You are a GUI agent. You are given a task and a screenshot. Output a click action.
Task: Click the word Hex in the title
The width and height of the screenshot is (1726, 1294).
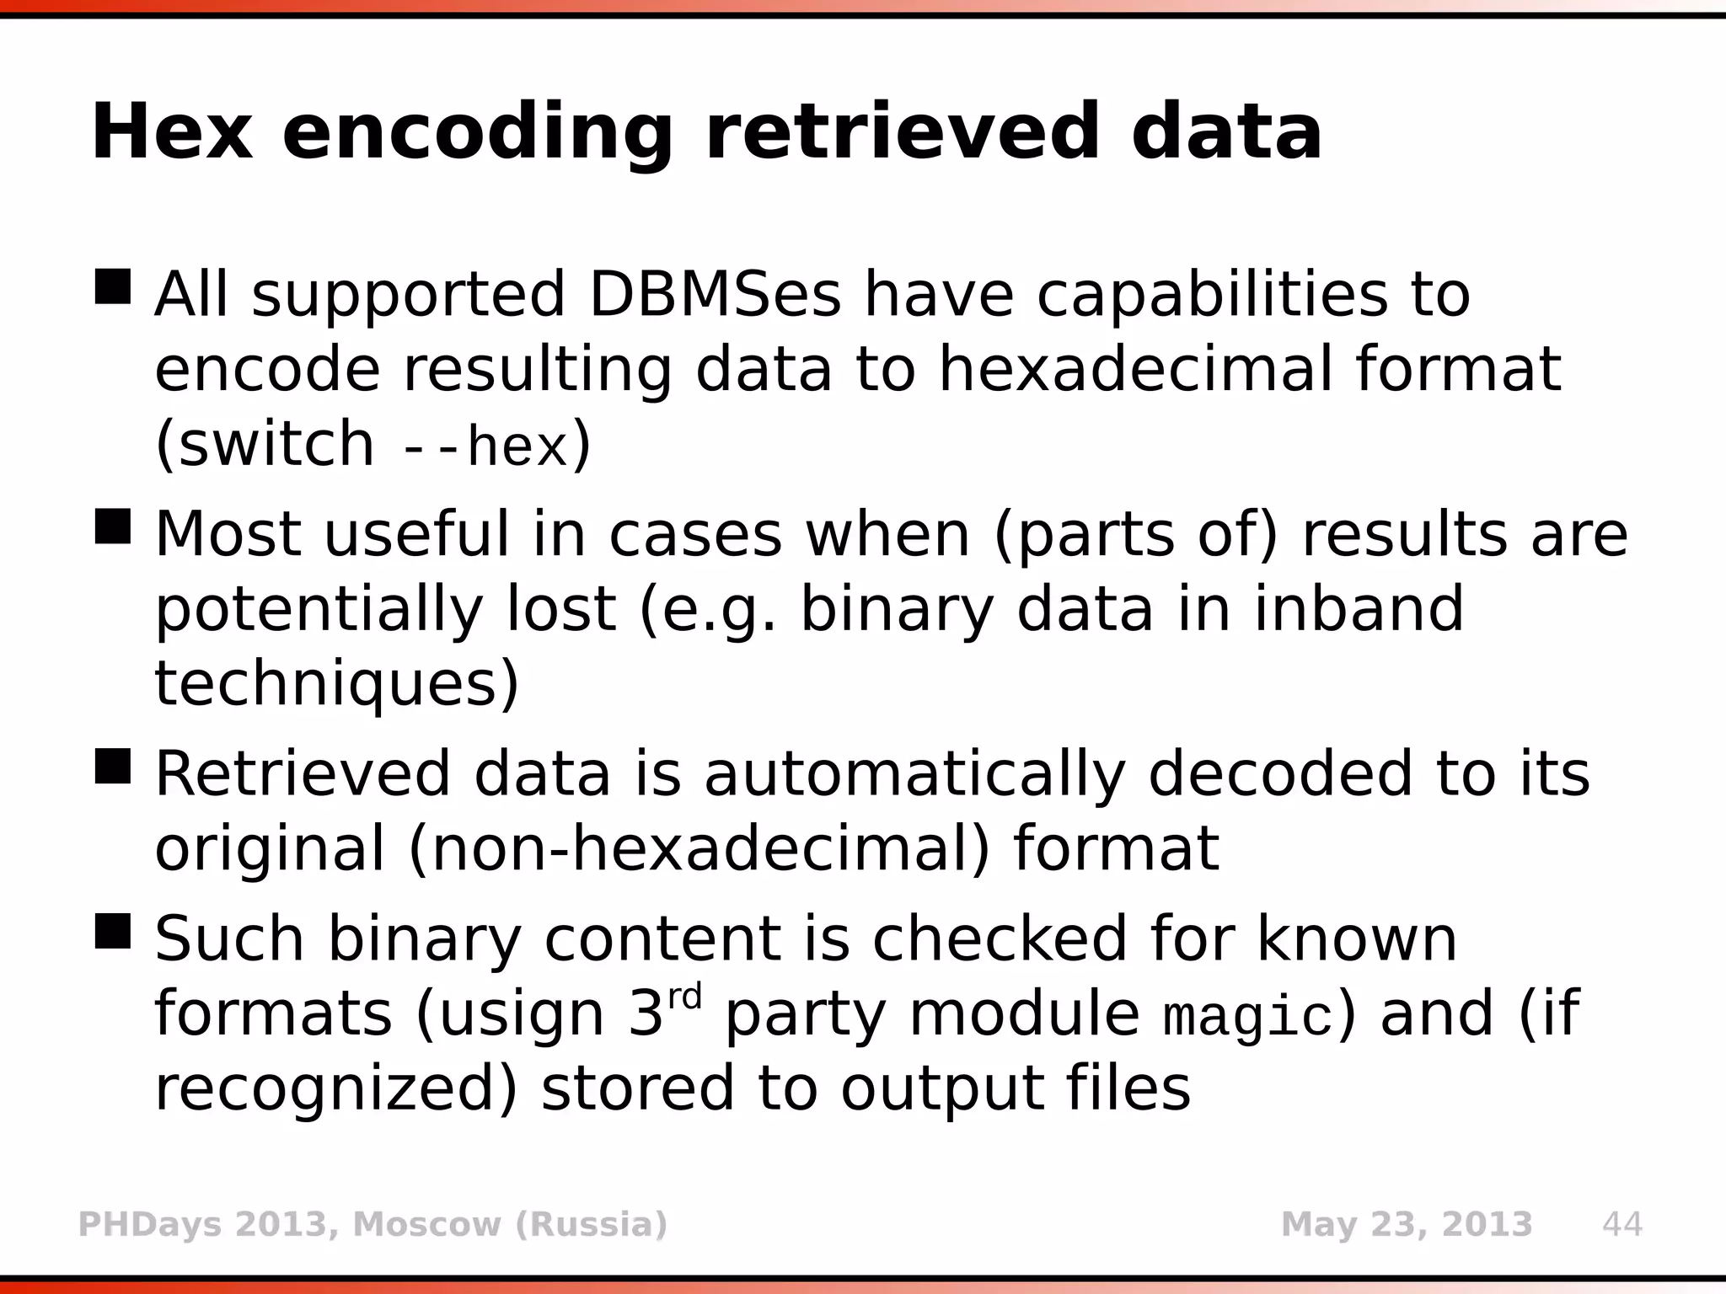(172, 132)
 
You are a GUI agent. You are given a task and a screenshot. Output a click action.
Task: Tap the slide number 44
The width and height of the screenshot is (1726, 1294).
(1621, 1224)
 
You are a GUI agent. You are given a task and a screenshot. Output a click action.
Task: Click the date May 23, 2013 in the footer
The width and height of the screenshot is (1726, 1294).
(1406, 1224)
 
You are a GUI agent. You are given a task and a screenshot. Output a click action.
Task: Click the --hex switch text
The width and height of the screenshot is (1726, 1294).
(484, 446)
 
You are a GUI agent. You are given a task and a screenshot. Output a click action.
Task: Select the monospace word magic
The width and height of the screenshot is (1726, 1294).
(1248, 1018)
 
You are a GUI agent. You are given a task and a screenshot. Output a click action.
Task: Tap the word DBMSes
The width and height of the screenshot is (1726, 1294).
(715, 295)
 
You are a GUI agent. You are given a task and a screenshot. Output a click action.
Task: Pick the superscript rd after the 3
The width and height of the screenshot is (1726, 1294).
(685, 997)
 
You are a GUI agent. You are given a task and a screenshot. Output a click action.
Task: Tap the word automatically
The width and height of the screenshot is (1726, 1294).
(914, 773)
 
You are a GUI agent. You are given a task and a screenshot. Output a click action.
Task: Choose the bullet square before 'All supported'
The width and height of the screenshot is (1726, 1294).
(113, 286)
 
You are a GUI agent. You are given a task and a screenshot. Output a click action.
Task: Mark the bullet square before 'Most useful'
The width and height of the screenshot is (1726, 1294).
(113, 526)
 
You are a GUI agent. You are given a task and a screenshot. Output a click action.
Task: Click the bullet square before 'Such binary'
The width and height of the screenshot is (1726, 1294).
(113, 931)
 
